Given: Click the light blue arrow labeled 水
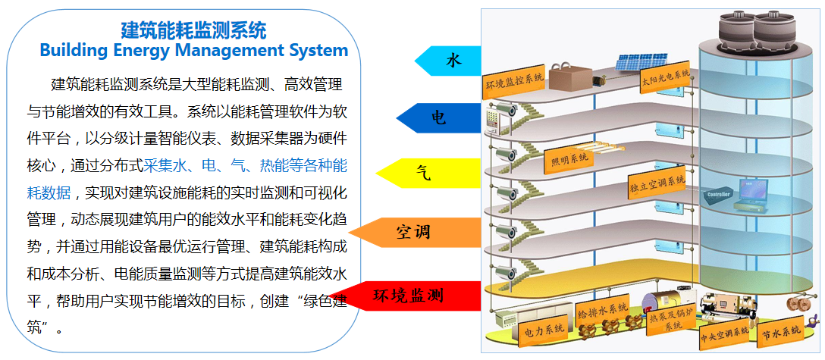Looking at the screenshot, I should pos(449,61).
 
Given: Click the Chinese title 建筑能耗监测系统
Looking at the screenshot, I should pos(194,30).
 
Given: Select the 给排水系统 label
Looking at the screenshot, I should pos(604,311).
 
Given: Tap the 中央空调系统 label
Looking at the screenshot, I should pos(724,332).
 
